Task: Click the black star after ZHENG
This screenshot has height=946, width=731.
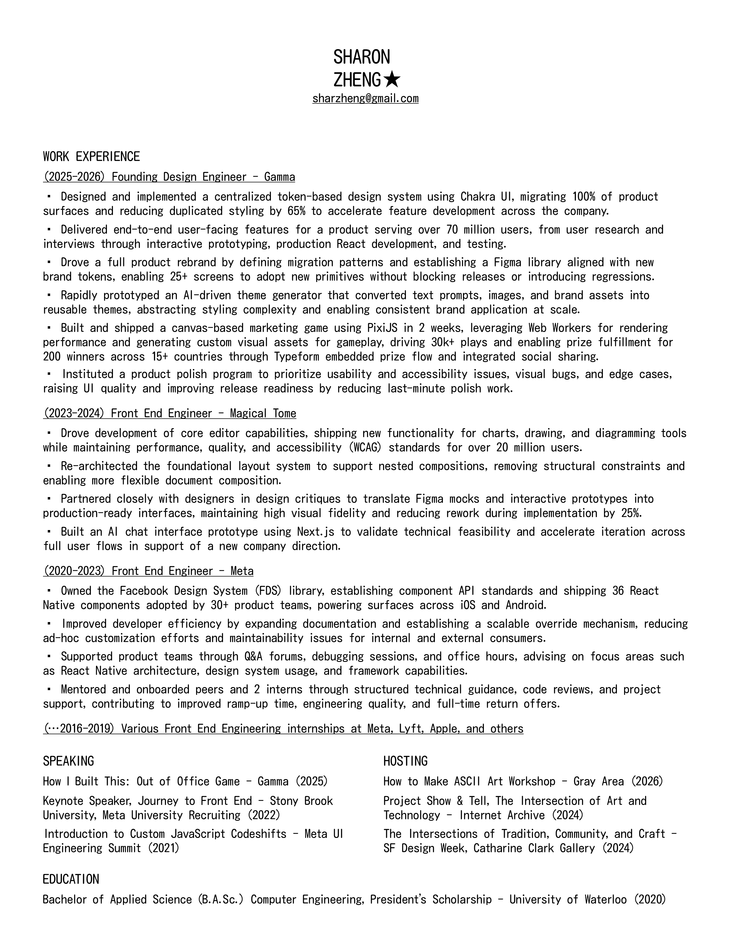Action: [x=392, y=80]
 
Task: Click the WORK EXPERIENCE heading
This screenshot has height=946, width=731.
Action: [x=91, y=156]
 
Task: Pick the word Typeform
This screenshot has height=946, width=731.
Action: [x=297, y=357]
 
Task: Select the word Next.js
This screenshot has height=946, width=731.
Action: [x=316, y=531]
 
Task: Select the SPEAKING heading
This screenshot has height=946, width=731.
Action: [x=69, y=761]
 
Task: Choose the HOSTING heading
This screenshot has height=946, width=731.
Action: [x=405, y=761]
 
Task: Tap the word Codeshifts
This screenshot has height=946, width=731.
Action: [x=259, y=834]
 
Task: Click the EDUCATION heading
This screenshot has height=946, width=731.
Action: [x=71, y=879]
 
